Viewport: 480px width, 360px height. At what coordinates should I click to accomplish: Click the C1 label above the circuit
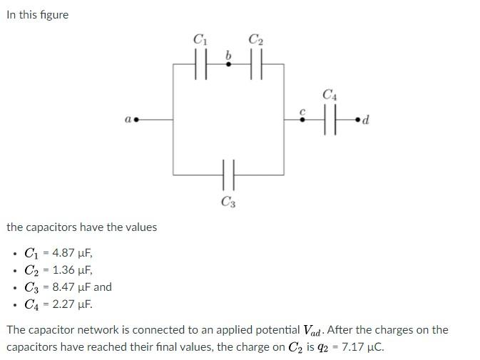(200, 41)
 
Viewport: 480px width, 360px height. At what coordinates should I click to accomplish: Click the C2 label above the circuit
(256, 41)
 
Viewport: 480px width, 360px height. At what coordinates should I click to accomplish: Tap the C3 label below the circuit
(228, 202)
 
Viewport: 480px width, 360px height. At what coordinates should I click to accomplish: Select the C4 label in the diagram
(330, 94)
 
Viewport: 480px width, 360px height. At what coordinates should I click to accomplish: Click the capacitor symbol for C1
(200, 64)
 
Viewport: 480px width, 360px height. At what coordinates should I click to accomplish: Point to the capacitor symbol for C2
(256, 64)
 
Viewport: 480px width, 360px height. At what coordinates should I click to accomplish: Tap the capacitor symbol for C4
(330, 120)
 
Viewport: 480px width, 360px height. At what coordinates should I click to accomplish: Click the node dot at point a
(136, 120)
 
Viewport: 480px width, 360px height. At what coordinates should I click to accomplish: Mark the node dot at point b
(228, 64)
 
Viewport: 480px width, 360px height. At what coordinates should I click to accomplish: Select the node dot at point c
(302, 120)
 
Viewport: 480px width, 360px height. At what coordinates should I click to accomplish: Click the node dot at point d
(358, 120)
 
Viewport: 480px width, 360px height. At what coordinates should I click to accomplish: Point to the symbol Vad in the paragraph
(312, 331)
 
